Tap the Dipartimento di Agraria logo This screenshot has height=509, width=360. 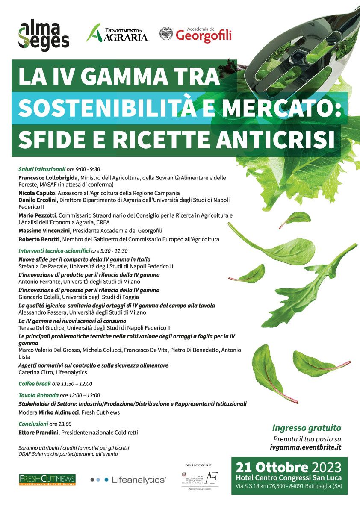117,33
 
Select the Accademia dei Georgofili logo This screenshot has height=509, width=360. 195,34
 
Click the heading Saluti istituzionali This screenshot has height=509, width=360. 42,169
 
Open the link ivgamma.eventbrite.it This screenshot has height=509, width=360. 305,447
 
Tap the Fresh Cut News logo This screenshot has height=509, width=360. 47,479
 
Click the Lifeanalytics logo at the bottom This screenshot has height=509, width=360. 128,480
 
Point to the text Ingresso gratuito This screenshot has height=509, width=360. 307,428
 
